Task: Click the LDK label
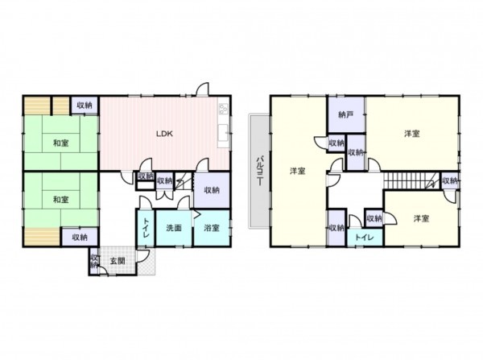click(164, 134)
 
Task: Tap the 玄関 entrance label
click(118, 261)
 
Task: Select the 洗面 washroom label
click(174, 228)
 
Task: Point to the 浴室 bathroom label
click(212, 228)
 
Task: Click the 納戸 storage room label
click(345, 114)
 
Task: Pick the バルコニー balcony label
click(260, 171)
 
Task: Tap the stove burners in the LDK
click(223, 109)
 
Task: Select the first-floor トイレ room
click(146, 228)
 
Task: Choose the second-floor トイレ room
click(365, 238)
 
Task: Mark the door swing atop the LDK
click(203, 89)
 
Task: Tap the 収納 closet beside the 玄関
click(94, 261)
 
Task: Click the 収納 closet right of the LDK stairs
click(212, 190)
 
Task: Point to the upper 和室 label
click(60, 143)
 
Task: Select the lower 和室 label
click(60, 200)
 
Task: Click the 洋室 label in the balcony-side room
click(298, 171)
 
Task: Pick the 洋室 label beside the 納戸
click(412, 134)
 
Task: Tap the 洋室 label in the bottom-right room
click(421, 219)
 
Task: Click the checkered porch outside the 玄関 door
click(147, 264)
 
